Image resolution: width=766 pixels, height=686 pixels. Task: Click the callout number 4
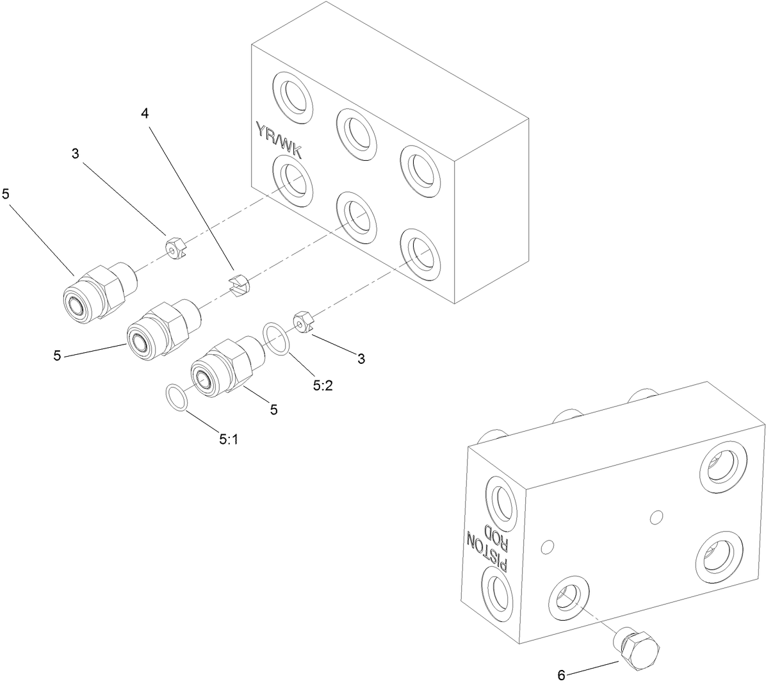pos(145,113)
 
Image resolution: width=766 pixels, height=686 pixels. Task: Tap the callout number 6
pos(561,674)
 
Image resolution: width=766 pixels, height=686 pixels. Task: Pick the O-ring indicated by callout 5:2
pos(276,338)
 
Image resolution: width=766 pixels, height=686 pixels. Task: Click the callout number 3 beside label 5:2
pos(361,359)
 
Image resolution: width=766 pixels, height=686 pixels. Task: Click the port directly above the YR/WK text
pos(292,97)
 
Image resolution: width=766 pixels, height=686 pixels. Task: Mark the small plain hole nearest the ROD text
pos(546,546)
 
